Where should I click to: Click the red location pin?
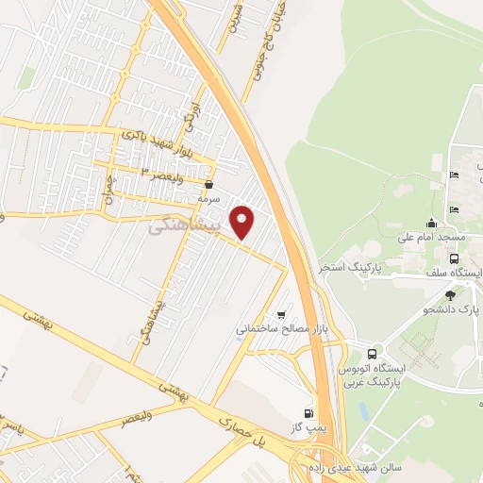(242, 222)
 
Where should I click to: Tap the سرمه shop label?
(208, 200)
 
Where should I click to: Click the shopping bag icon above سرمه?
(208, 185)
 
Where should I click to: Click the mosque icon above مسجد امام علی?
(431, 224)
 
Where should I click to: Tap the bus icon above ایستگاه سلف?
(455, 258)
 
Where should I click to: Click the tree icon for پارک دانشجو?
(449, 294)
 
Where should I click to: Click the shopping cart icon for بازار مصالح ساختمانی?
(281, 315)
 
